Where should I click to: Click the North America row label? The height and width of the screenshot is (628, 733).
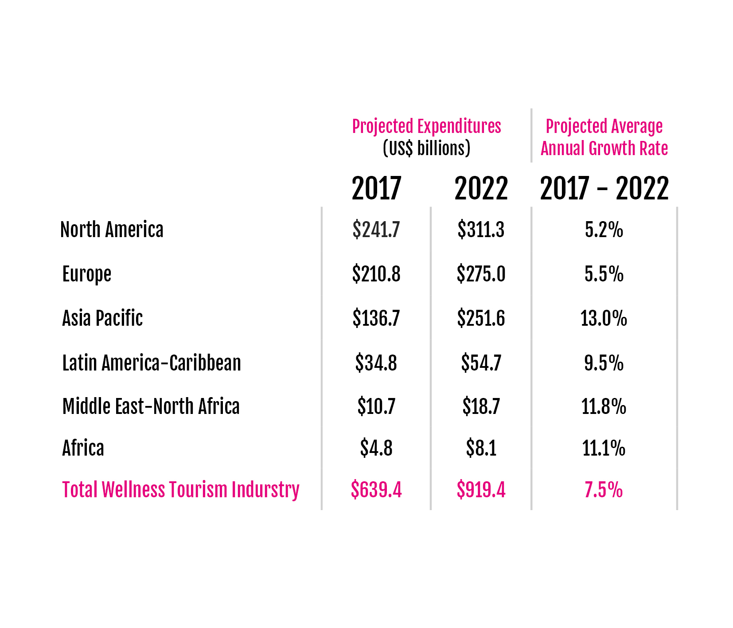[x=112, y=230]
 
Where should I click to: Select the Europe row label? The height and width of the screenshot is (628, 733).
[x=87, y=274]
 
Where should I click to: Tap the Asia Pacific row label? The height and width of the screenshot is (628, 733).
[x=102, y=318]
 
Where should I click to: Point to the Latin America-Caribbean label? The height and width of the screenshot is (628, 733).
[x=152, y=363]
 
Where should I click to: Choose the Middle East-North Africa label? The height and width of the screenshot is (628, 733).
[x=151, y=406]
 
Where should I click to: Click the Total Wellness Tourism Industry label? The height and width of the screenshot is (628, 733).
[x=181, y=490]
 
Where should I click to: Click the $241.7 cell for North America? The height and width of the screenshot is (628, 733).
[x=376, y=230]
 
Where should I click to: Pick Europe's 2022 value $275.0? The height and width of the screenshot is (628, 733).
[x=481, y=274]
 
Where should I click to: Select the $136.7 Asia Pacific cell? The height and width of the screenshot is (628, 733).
[x=376, y=318]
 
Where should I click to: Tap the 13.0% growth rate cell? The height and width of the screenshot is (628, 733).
[x=604, y=318]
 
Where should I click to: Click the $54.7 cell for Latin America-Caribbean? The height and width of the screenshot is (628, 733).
[x=481, y=363]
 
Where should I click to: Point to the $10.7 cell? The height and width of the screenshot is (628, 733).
[x=376, y=406]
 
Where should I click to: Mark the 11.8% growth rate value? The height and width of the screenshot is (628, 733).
[x=604, y=406]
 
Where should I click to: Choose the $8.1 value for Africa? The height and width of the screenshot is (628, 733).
[x=481, y=448]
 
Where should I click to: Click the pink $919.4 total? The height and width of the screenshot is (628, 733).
[x=481, y=490]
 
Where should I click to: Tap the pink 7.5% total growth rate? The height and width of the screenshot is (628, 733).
[x=604, y=490]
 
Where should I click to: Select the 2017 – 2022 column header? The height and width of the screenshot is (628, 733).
[x=604, y=188]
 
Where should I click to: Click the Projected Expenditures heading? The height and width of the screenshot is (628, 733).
[x=426, y=126]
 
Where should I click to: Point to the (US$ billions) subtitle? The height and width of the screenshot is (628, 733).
[x=426, y=148]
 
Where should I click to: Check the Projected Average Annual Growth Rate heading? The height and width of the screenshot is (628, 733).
[x=604, y=137]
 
